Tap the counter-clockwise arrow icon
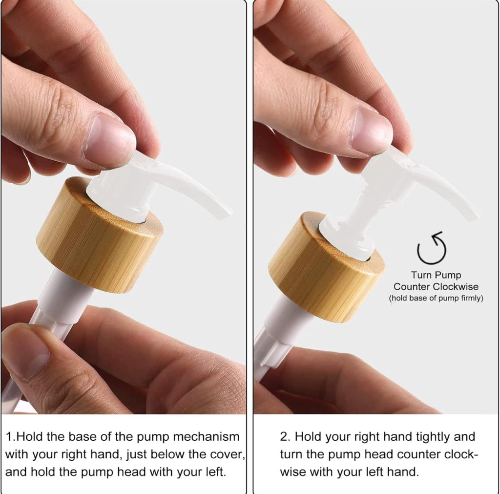(432, 248)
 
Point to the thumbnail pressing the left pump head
(109, 140)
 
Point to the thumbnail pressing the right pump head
(371, 131)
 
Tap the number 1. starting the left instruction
(11, 436)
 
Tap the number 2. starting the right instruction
(285, 436)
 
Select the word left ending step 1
(215, 472)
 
